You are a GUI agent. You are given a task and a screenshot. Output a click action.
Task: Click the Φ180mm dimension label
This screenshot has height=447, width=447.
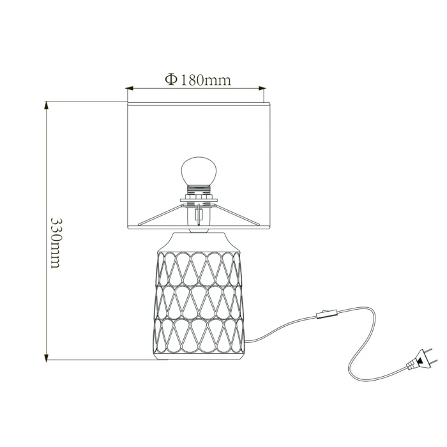click(x=198, y=80)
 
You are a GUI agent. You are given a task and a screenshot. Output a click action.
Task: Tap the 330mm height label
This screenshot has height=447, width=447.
click(x=56, y=243)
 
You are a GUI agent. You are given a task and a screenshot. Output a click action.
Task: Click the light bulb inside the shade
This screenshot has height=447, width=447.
click(x=199, y=170)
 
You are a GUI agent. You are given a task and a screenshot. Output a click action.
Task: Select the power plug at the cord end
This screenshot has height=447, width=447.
click(x=420, y=360)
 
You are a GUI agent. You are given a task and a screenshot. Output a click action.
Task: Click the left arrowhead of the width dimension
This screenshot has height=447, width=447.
click(x=130, y=89)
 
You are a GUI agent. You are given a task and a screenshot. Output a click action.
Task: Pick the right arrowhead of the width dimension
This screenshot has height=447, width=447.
click(x=262, y=89)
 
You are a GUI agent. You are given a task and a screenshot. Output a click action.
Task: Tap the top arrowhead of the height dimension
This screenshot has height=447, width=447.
click(x=46, y=105)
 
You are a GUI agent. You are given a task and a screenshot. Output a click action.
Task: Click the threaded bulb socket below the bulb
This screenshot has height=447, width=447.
click(x=199, y=190)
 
